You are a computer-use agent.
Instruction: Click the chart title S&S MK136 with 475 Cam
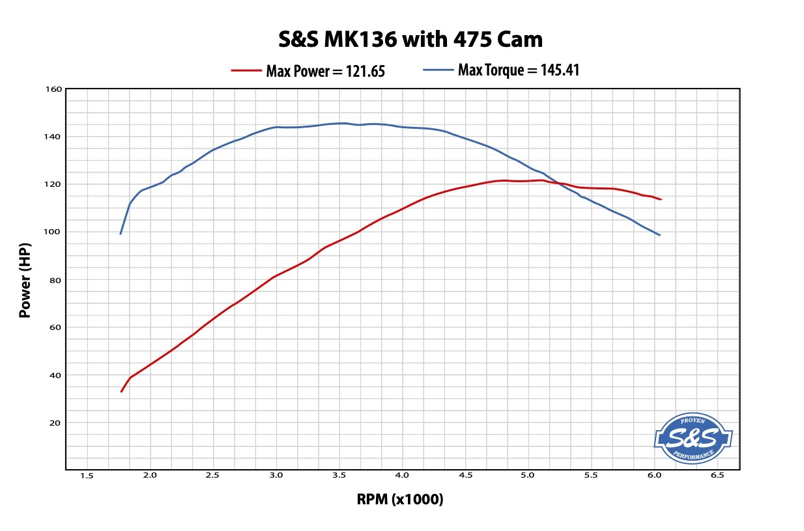click(x=410, y=40)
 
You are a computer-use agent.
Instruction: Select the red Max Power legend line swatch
click(x=246, y=70)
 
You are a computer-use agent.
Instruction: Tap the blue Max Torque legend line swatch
click(x=438, y=70)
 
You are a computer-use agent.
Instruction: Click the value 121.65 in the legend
click(x=363, y=71)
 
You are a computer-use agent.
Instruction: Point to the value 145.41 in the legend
click(x=559, y=70)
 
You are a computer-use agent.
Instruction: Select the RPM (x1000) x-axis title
click(x=400, y=500)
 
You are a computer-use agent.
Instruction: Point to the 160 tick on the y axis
click(x=55, y=89)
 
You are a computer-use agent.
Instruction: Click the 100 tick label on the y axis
click(x=55, y=232)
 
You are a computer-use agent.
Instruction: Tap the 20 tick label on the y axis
click(x=57, y=422)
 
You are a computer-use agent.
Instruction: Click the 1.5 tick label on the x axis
click(x=87, y=476)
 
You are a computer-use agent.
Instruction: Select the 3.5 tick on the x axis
click(x=339, y=476)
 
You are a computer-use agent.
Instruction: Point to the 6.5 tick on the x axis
click(x=717, y=476)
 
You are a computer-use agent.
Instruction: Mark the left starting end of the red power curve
click(x=121, y=392)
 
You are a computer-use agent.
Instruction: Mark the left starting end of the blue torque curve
click(x=121, y=234)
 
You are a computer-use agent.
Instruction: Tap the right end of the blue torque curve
click(x=659, y=235)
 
